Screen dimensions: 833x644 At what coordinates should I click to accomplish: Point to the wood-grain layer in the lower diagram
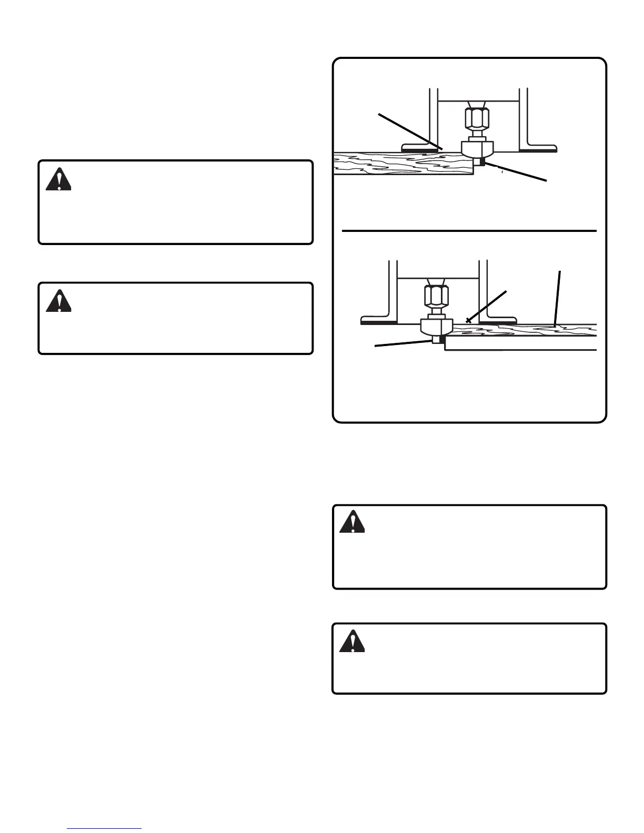coord(526,330)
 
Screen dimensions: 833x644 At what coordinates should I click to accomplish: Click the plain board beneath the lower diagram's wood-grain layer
coord(521,343)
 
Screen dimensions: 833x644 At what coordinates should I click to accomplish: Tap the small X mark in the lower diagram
coord(468,320)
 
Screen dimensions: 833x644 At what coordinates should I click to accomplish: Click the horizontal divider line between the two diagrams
coord(468,230)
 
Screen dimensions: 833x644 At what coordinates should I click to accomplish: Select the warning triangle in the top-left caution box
coord(58,179)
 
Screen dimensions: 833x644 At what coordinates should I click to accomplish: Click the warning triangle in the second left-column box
coord(58,301)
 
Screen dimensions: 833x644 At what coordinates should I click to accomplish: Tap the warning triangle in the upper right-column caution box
coord(352,522)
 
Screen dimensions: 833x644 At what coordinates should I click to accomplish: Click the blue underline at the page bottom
coord(104,829)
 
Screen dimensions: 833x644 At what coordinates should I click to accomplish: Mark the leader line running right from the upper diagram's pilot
coord(518,173)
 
